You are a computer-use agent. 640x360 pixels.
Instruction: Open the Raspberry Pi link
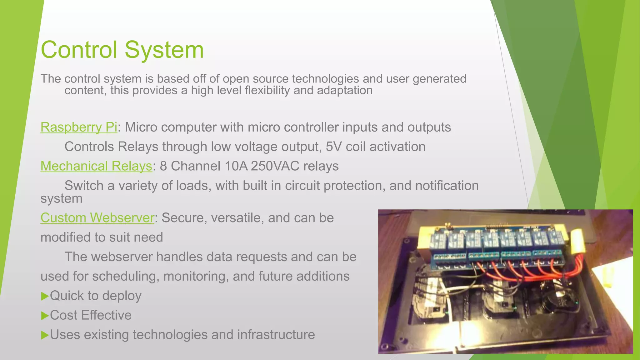pos(79,127)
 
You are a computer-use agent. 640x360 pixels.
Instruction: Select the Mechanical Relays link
pos(96,166)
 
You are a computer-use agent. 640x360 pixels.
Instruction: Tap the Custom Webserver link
pos(97,218)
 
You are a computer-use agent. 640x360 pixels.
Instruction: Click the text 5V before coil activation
pos(333,147)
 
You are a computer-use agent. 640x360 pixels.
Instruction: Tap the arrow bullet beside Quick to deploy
pos(45,296)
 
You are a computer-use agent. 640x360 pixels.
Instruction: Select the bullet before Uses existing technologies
pos(45,335)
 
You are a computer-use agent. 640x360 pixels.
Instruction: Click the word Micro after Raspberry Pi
pos(140,127)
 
